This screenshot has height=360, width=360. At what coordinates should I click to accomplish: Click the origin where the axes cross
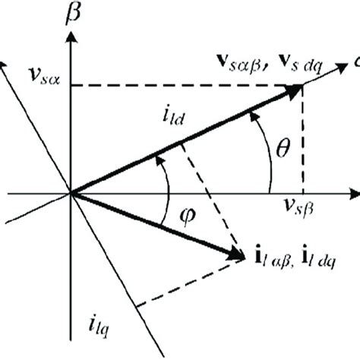[x=71, y=193]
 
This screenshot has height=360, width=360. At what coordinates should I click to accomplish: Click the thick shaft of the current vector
[x=152, y=223]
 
